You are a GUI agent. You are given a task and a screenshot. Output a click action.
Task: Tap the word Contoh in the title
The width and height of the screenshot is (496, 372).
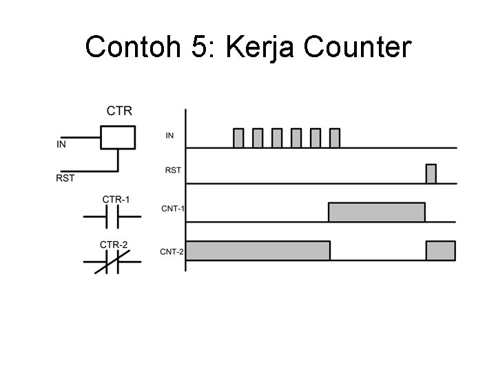click(x=132, y=48)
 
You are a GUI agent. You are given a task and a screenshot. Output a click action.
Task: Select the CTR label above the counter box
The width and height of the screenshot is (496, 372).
click(x=119, y=110)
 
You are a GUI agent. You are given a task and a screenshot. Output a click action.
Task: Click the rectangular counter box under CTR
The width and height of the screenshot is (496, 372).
click(x=117, y=137)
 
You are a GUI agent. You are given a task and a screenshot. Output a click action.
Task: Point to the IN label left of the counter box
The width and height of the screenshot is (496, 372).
click(x=61, y=145)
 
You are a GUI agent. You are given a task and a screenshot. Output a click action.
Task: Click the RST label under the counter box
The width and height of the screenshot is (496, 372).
click(x=65, y=178)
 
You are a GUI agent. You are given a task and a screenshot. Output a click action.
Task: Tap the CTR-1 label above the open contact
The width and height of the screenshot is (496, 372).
click(x=116, y=200)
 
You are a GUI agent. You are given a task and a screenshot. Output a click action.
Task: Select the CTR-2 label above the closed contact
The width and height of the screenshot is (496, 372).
click(x=114, y=245)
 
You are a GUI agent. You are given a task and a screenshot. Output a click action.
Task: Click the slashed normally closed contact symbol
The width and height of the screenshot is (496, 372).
click(x=112, y=262)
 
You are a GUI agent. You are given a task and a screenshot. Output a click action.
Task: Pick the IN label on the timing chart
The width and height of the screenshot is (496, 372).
click(x=169, y=136)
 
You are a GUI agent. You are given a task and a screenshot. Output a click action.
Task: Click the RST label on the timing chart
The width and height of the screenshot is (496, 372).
click(x=173, y=169)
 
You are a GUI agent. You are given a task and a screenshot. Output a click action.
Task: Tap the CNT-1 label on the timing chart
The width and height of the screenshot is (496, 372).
click(x=172, y=209)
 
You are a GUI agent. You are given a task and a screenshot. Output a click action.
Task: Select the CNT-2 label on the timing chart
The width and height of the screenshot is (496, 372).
click(x=172, y=251)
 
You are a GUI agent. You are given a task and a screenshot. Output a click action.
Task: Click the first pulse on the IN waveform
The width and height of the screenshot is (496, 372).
click(x=238, y=138)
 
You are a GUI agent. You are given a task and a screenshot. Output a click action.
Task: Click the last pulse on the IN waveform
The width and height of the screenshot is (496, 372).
click(x=335, y=138)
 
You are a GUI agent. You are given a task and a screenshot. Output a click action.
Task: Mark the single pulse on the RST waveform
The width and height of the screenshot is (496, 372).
click(x=431, y=174)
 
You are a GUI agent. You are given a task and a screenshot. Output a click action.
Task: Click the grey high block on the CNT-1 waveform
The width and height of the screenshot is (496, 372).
click(x=376, y=212)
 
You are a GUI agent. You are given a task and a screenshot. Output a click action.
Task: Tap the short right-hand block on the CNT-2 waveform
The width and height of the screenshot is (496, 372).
click(x=441, y=251)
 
